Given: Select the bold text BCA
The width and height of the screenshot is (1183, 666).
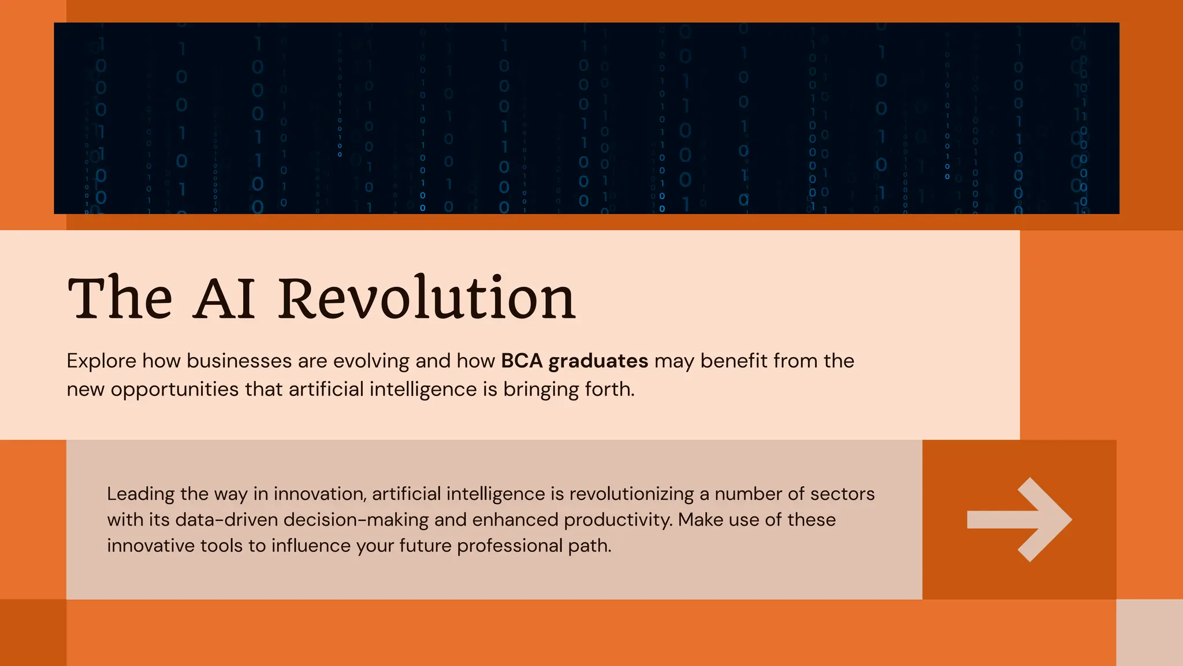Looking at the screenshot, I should (522, 361).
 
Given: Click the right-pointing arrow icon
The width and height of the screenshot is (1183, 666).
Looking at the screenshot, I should (1020, 520).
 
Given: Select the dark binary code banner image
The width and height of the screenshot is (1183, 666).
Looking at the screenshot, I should (586, 119).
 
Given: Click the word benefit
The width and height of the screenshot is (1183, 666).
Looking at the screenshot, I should (734, 361).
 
